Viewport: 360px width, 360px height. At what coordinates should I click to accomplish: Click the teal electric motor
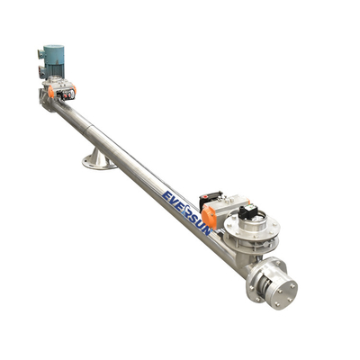[51, 61]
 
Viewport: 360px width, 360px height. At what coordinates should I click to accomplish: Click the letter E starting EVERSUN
[166, 197]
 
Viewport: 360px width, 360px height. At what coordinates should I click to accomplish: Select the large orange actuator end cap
[209, 218]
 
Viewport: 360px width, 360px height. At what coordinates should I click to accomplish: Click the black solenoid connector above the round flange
[247, 211]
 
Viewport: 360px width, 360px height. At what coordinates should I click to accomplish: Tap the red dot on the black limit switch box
[205, 197]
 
